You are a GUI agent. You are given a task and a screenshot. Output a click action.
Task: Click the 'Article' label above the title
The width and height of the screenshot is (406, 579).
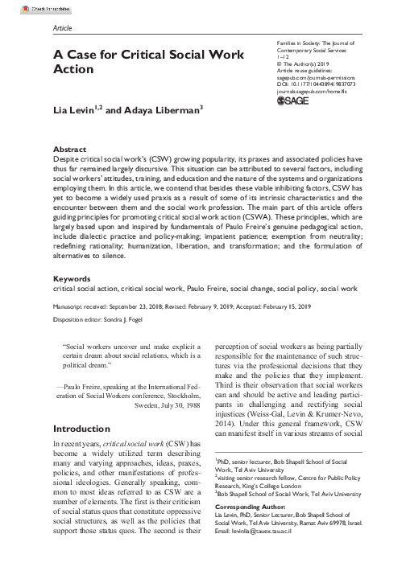pos(62,27)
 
